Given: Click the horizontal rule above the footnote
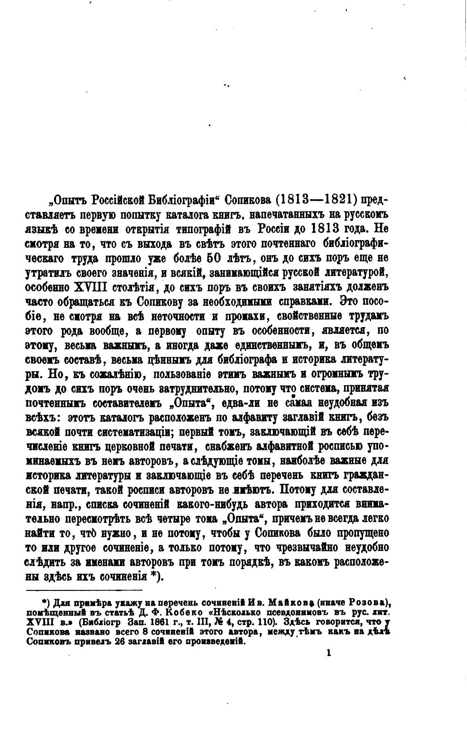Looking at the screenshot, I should (x=84, y=590).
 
